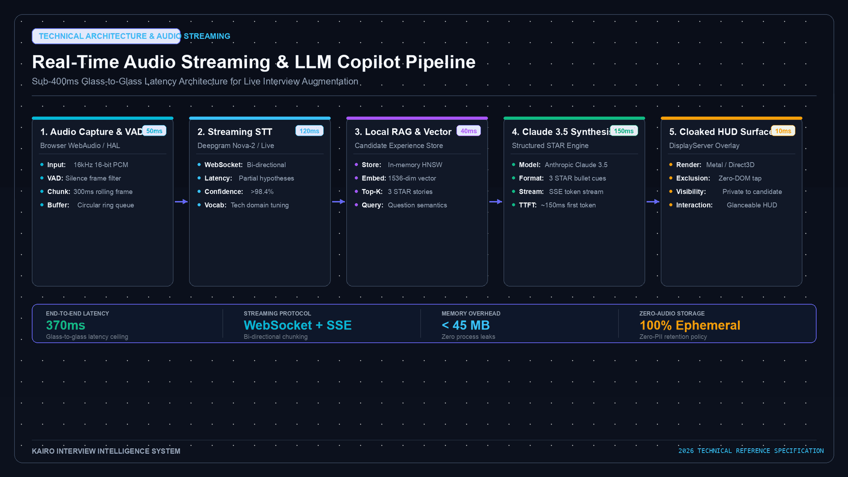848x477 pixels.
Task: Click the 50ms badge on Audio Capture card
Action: (154, 131)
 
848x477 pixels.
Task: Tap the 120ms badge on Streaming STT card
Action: (309, 131)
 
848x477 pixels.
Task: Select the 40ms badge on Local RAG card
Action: (469, 131)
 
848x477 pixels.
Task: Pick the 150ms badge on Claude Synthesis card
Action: (624, 131)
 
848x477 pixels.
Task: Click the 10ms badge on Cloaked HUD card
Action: (783, 131)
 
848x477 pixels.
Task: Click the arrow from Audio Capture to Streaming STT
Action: (181, 201)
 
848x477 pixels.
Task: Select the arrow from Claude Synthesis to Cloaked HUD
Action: (653, 201)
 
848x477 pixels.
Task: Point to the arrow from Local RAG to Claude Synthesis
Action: (496, 201)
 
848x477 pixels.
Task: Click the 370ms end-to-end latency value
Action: (65, 326)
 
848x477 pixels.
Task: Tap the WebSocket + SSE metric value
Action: (298, 326)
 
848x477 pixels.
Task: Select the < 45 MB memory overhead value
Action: (466, 326)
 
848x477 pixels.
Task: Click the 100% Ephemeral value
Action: (690, 326)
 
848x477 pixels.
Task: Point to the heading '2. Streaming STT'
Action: (235, 132)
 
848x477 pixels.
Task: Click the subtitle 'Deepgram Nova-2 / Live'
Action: (235, 145)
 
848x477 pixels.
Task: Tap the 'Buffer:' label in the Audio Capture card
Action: (58, 205)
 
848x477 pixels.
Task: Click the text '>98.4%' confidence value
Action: (262, 192)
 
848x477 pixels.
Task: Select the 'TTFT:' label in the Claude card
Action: (528, 205)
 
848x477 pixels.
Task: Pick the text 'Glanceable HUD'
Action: (752, 205)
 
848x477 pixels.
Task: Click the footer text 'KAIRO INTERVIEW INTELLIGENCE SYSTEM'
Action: (106, 451)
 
